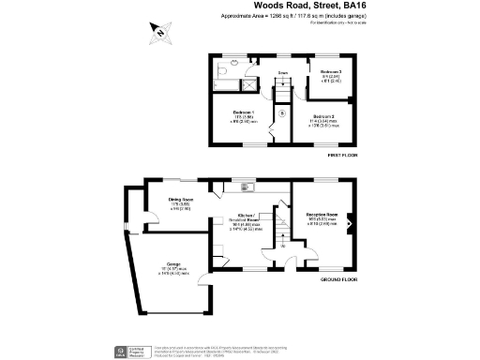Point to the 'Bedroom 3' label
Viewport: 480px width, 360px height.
point(330,72)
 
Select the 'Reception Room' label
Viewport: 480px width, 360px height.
point(322,215)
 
